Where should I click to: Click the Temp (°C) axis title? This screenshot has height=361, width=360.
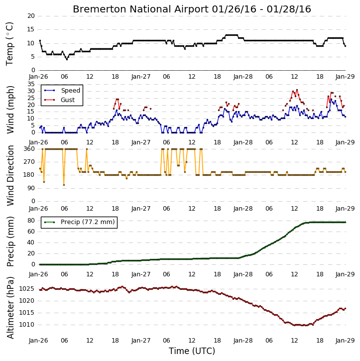(x=9, y=43)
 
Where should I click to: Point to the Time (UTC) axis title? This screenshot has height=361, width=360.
(x=192, y=351)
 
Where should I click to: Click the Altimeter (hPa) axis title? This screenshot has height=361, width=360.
(x=10, y=308)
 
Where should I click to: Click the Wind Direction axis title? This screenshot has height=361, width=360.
(x=10, y=175)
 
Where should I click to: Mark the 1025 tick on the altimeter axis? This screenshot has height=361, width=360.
(x=27, y=289)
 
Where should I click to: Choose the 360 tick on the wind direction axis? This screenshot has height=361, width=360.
(x=29, y=149)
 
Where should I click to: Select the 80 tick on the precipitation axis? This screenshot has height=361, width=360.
(x=31, y=220)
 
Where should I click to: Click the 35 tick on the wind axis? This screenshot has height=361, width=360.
(x=31, y=84)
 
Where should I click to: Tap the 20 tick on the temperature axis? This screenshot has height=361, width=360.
(x=31, y=16)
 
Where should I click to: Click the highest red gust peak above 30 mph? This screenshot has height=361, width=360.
(x=297, y=90)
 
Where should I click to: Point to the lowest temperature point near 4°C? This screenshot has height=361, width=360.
(x=67, y=59)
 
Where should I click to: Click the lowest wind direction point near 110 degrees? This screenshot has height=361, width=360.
(x=64, y=185)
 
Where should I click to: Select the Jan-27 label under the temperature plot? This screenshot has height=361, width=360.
(x=140, y=77)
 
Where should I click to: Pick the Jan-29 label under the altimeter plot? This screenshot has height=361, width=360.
(x=345, y=340)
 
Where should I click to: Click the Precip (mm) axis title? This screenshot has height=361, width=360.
(x=10, y=241)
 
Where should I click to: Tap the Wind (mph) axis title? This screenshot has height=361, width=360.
(x=10, y=110)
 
